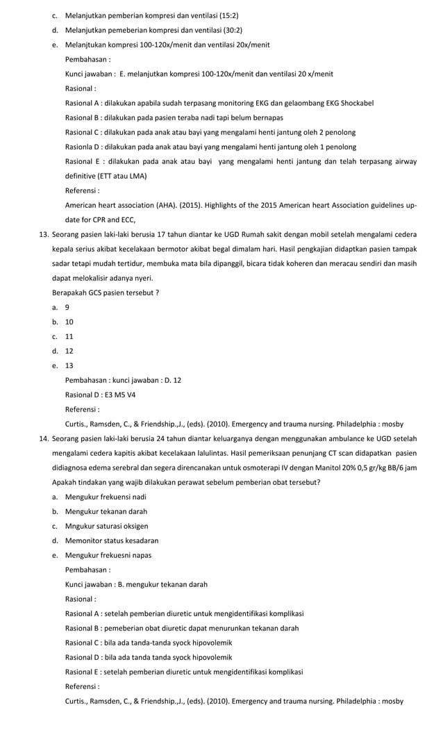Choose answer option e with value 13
click(x=69, y=365)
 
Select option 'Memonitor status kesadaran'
click(x=111, y=540)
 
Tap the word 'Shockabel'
click(x=356, y=103)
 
